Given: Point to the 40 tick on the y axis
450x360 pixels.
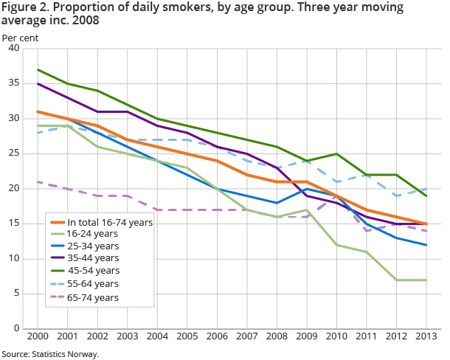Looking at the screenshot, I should tap(13, 49).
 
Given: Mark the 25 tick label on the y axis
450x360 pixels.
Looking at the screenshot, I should tap(13, 153).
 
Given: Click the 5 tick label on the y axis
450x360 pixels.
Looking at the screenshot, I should tap(15, 294).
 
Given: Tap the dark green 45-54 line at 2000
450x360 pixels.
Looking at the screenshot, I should tap(38, 69).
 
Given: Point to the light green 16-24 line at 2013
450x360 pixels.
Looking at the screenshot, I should tap(426, 280).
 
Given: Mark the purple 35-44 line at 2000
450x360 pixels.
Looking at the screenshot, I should tap(38, 83).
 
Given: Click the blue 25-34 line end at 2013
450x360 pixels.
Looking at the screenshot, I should tap(426, 245).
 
